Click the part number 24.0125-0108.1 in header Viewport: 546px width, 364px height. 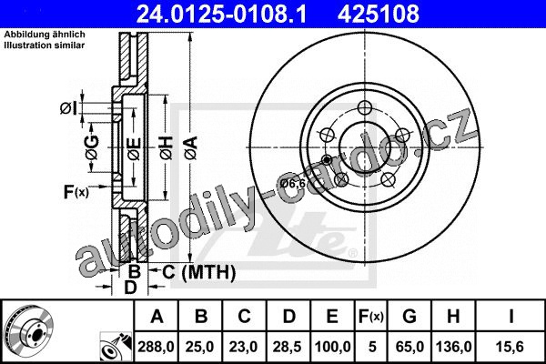(x=221, y=14)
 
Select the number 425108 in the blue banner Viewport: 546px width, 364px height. (x=379, y=14)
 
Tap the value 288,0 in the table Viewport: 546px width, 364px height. (x=156, y=347)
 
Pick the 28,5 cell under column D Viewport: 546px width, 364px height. (x=288, y=347)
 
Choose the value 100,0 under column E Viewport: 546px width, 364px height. (x=332, y=347)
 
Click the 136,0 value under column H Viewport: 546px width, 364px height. (x=454, y=347)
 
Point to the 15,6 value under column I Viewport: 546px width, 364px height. (x=510, y=347)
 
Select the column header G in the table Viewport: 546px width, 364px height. (x=409, y=317)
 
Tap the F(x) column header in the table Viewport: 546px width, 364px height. (x=371, y=317)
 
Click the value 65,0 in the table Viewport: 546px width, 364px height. (x=409, y=347)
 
